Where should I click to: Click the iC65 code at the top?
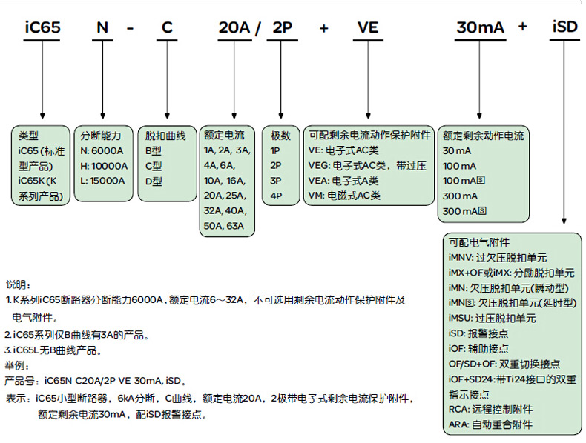click(x=42, y=28)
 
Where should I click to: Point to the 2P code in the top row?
click(x=284, y=28)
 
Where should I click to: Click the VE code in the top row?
click(x=367, y=28)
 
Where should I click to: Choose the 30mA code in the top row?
click(x=480, y=28)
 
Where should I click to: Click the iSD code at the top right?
click(x=565, y=28)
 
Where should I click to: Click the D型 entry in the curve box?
click(x=153, y=181)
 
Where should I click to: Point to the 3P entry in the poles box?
click(x=276, y=181)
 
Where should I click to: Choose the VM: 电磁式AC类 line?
click(x=344, y=196)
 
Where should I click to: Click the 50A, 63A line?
click(x=223, y=225)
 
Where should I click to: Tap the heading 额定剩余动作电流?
click(x=483, y=136)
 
